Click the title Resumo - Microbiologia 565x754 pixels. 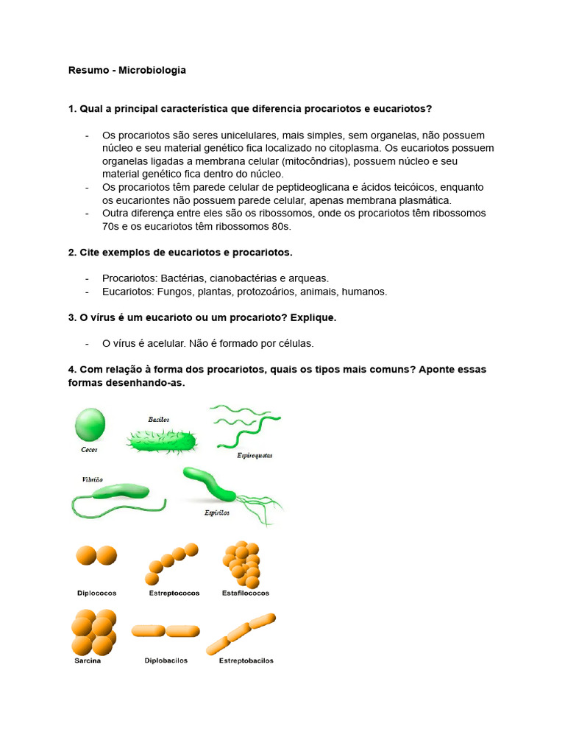(127, 71)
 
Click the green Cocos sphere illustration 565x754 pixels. (90, 426)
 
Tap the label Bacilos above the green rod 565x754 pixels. (159, 419)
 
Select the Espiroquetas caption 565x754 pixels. (255, 455)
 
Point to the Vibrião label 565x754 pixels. (93, 479)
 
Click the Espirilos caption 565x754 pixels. (217, 513)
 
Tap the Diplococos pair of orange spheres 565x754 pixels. (96, 556)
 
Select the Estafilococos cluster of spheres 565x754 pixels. (241, 565)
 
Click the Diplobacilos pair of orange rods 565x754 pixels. (166, 631)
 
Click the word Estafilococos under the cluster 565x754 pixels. (246, 593)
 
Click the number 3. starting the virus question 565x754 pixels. (72, 317)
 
